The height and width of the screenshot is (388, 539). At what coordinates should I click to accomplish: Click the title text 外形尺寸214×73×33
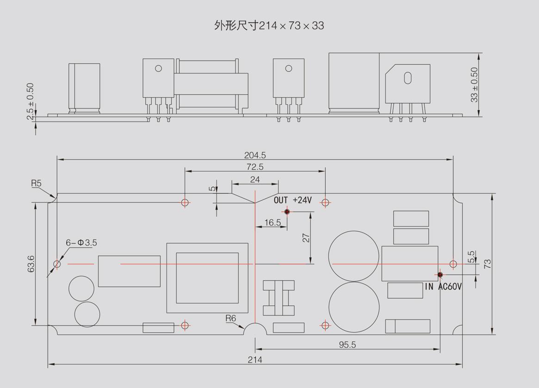point(269,25)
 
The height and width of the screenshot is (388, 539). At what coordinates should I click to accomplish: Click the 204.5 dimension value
point(255,155)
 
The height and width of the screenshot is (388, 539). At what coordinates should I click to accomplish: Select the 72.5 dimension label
point(255,166)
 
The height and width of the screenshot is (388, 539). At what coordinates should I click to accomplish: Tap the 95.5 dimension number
point(347,345)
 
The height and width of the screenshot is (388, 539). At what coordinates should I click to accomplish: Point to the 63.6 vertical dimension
point(31,264)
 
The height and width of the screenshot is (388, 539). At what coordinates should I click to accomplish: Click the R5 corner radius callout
point(36,183)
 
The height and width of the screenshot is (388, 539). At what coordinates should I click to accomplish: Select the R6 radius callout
point(230,318)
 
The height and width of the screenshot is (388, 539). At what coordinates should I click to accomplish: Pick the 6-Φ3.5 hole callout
point(81,242)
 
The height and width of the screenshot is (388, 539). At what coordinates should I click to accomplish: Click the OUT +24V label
point(293,200)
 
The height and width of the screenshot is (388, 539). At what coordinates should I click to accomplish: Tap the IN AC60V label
point(443,287)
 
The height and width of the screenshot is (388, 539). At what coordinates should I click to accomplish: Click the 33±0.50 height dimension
point(474,85)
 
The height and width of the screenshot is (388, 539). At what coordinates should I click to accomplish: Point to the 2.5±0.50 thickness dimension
point(31,101)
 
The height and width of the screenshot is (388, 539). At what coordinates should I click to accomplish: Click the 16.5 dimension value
point(273,222)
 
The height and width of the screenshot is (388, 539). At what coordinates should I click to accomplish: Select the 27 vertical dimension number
point(306,238)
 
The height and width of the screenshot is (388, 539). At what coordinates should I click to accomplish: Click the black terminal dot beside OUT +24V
point(287,212)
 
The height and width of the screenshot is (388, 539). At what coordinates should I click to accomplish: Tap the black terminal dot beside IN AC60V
point(440,275)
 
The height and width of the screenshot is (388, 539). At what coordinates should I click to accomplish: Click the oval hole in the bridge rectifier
point(408,78)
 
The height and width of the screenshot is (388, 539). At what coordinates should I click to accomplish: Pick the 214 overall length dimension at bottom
point(255,359)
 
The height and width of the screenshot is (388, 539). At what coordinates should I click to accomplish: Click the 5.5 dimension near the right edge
point(471,257)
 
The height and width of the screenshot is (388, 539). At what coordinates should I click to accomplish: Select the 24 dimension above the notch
point(255,179)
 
